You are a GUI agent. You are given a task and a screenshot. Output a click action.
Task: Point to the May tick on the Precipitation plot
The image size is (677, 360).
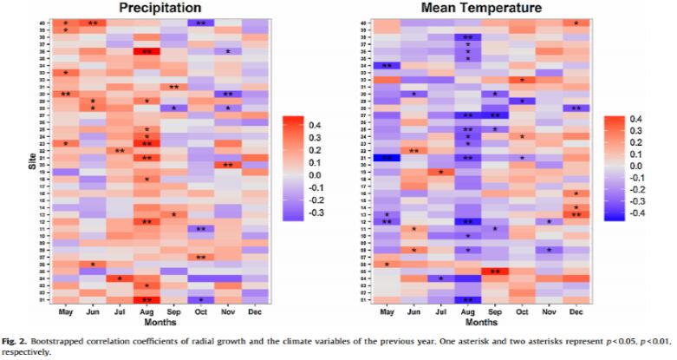tap(66, 311)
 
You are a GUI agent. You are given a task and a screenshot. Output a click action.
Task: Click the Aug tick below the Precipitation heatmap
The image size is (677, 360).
tap(147, 311)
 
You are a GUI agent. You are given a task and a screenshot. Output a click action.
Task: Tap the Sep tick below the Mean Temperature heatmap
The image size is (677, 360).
tap(495, 311)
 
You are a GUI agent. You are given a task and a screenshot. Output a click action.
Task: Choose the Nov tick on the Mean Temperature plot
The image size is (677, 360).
tap(550, 311)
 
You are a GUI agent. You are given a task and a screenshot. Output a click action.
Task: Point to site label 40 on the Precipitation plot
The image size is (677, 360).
tap(42, 23)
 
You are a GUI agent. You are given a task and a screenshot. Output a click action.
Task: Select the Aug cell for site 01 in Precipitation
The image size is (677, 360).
tap(147, 299)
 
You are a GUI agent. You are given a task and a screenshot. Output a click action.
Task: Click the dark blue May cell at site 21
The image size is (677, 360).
tap(387, 158)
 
